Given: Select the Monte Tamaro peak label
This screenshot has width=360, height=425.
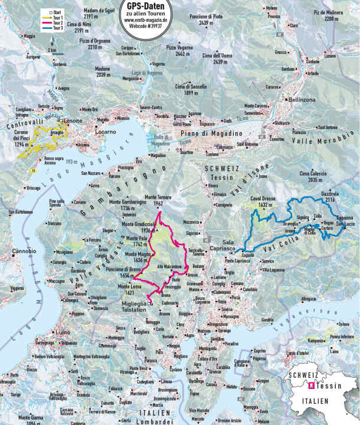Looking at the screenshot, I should tap(155, 200).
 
